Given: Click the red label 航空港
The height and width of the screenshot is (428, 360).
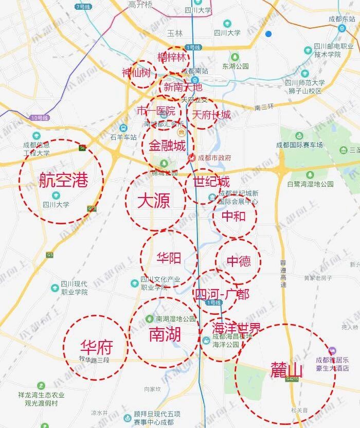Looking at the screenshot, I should click(x=63, y=181).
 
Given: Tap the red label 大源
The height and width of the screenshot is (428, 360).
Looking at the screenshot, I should click(x=154, y=201).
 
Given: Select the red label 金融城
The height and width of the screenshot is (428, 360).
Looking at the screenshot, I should click(x=167, y=146).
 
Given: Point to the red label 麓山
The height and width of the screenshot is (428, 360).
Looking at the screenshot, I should click(x=286, y=370).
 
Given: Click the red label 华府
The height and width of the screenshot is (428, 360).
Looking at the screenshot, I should click(x=96, y=347).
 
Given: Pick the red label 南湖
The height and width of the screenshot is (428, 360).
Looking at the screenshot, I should click(x=165, y=334).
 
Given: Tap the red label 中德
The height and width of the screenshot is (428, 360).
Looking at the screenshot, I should click(x=239, y=261).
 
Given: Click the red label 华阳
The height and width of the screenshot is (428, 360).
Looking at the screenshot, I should click(x=168, y=256).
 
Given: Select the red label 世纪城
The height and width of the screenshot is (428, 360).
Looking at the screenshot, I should click(x=211, y=182).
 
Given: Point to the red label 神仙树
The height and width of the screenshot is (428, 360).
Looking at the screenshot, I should click(x=136, y=74).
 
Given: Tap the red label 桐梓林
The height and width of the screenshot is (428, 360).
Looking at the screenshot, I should click(x=172, y=57).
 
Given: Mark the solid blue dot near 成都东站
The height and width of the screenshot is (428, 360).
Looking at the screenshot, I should click(x=268, y=34).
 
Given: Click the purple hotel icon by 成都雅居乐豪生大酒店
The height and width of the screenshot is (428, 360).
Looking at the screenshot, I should click(x=332, y=350).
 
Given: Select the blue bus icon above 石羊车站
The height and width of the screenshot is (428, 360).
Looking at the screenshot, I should click(x=123, y=128).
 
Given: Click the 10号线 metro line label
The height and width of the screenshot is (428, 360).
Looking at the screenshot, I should click(x=39, y=118).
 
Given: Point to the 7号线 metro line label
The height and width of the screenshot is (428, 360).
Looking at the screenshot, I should click(x=82, y=7).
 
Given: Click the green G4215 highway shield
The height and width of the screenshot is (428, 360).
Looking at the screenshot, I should click(x=293, y=379).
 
